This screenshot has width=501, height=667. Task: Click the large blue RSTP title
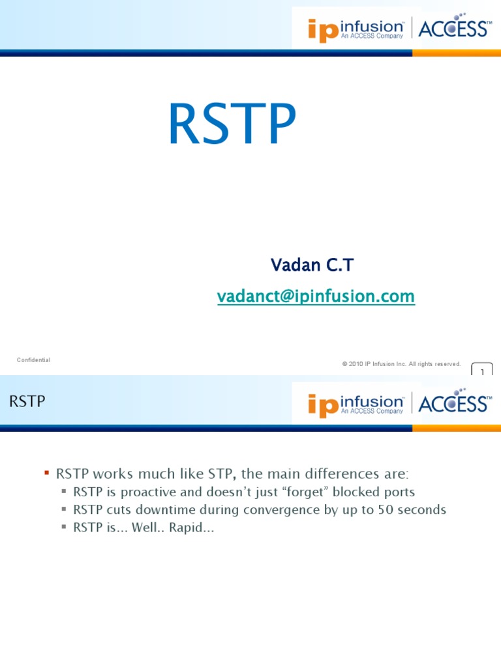point(232,125)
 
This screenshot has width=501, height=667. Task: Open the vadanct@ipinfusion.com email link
point(316,296)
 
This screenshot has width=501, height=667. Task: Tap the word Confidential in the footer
point(33,360)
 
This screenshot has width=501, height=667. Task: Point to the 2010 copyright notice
point(401,364)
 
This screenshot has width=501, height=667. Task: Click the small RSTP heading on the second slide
point(27,402)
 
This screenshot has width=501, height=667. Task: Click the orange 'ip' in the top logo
point(323,30)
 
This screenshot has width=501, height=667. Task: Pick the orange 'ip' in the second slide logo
point(323,405)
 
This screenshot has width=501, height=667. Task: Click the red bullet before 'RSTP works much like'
point(47,472)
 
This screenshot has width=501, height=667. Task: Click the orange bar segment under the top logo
point(456,53)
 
